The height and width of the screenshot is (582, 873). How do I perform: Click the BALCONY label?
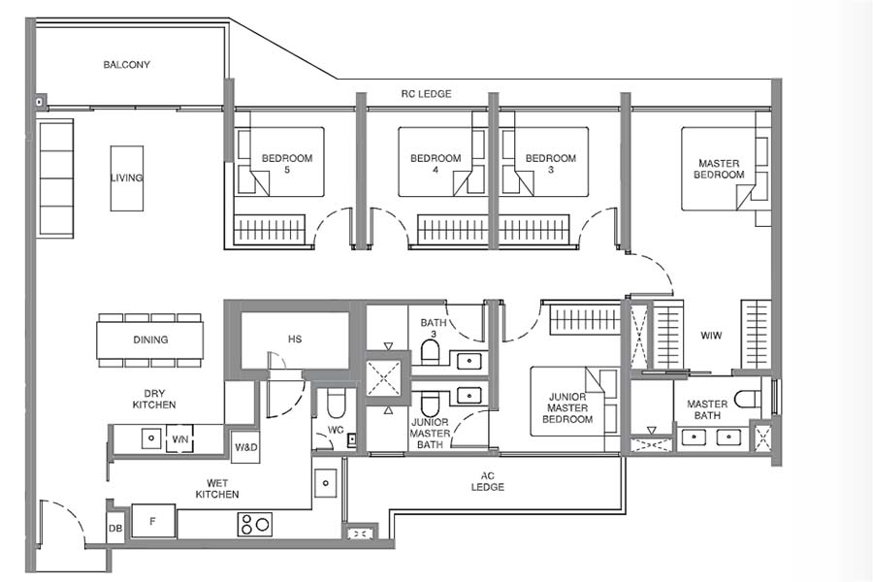click(127, 65)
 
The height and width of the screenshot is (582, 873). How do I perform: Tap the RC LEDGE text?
click(426, 94)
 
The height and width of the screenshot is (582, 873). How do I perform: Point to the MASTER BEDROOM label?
click(720, 169)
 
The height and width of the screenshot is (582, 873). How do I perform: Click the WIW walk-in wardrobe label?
click(711, 336)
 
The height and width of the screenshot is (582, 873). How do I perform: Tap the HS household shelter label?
click(295, 339)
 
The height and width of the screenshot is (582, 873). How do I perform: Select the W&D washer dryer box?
click(245, 447)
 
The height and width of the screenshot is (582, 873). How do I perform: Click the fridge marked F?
click(153, 521)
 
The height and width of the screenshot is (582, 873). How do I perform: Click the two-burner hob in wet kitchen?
click(255, 525)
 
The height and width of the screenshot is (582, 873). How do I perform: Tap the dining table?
click(150, 339)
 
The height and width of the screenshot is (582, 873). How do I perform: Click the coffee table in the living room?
click(126, 178)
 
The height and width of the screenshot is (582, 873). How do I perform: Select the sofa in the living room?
click(56, 178)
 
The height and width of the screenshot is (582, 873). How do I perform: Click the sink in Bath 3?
click(468, 361)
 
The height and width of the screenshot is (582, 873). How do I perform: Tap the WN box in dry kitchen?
click(179, 439)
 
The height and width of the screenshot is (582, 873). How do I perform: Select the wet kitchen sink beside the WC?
click(326, 480)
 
